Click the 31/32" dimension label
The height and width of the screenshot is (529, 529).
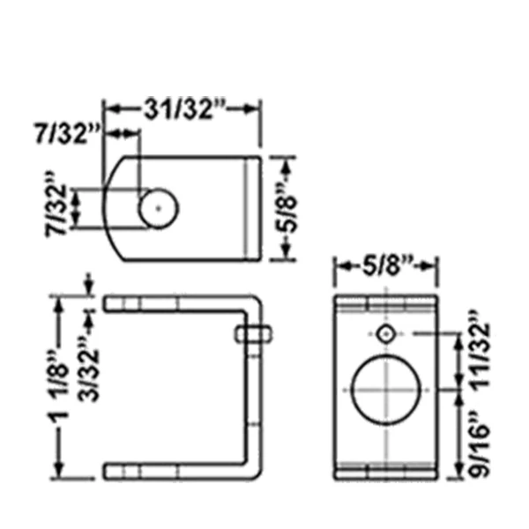pos(184,109)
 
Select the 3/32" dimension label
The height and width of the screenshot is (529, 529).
pos(89,369)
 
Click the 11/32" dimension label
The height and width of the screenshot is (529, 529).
pos(479,351)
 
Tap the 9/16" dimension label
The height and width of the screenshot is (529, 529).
pos(479,443)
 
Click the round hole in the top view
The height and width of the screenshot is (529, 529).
pos(159,208)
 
